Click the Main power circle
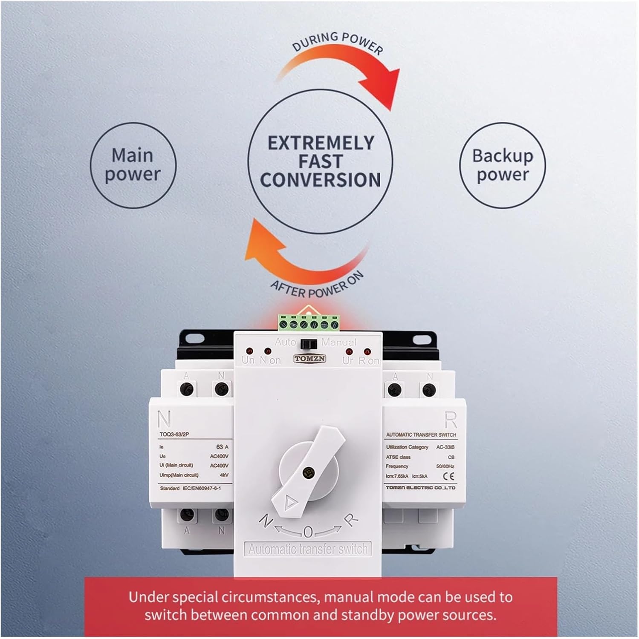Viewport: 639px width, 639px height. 133,165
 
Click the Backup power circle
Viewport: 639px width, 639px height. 502,165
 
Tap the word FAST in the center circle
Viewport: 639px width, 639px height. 320,161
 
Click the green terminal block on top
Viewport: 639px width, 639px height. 309,323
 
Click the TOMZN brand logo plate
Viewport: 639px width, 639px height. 310,359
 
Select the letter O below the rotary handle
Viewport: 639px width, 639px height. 308,531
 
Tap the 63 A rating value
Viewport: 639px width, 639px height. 222,447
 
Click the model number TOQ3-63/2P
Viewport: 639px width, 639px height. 174,435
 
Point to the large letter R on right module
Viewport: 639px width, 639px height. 450,420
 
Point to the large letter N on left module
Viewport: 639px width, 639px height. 164,419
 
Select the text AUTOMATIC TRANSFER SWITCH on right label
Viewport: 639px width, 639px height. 421,435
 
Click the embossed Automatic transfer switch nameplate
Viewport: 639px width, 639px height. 308,549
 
